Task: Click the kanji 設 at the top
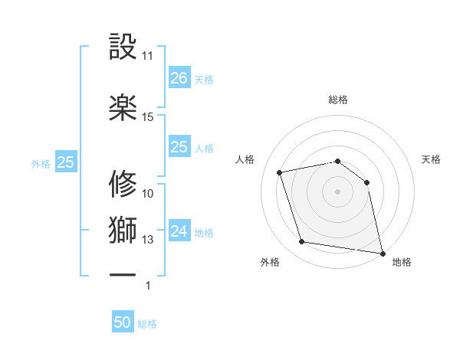[123, 47]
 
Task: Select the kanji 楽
[123, 108]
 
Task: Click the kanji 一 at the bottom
[123, 273]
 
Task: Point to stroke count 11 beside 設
[148, 57]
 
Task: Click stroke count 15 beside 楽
[148, 117]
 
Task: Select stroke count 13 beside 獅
[148, 240]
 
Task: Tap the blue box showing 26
[179, 78]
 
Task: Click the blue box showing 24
[179, 231]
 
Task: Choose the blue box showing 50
[123, 323]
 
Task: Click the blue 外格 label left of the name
[41, 163]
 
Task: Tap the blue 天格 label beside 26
[204, 79]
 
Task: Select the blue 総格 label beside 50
[147, 324]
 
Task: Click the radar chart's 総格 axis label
[337, 100]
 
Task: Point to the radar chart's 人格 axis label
[245, 159]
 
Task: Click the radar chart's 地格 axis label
[402, 263]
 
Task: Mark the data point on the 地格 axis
[381, 252]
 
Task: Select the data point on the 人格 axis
[280, 172]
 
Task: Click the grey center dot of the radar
[337, 191]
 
